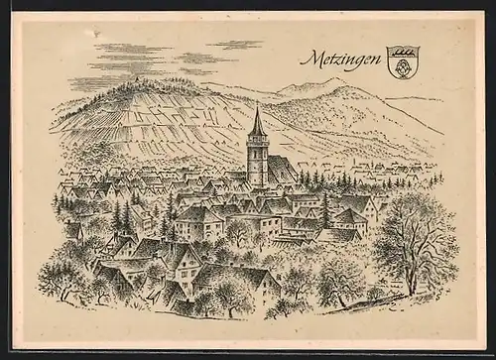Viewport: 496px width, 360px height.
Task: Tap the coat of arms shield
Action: pos(402,57)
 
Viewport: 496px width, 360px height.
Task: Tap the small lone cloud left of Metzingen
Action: pos(234,45)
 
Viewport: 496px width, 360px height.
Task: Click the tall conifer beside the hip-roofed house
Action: pos(323,210)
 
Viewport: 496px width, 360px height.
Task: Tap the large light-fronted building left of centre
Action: pos(198,223)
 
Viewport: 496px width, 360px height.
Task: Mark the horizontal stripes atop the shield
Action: pos(402,49)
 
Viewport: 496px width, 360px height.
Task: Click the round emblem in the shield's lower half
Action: pos(402,60)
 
